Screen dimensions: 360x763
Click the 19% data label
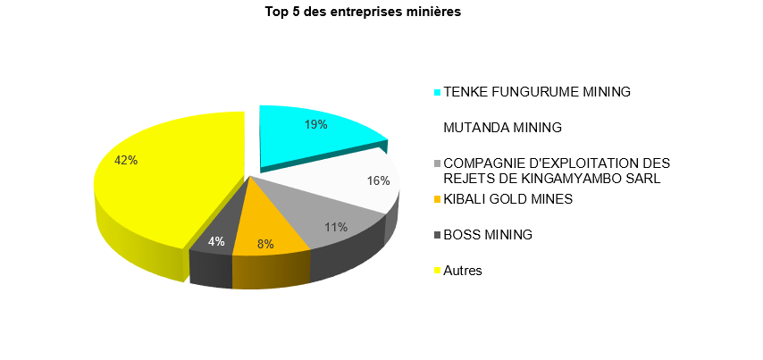pyautogui.click(x=315, y=125)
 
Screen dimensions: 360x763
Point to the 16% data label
pyautogui.click(x=379, y=180)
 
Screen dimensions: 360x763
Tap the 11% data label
pyautogui.click(x=336, y=227)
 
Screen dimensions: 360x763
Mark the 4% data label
pyautogui.click(x=216, y=241)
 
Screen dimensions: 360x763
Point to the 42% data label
pyautogui.click(x=126, y=160)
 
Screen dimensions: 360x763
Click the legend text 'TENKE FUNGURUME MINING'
pyautogui.click(x=537, y=92)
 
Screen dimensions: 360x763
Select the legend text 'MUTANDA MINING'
pyautogui.click(x=502, y=128)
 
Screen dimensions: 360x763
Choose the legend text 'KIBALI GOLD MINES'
pyautogui.click(x=507, y=198)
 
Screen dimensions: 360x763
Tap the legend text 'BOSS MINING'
pyautogui.click(x=488, y=235)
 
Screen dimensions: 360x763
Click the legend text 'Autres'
pyautogui.click(x=463, y=270)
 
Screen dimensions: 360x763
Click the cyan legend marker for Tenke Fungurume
pyautogui.click(x=437, y=92)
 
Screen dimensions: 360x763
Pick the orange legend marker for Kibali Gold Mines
pyautogui.click(x=437, y=199)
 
